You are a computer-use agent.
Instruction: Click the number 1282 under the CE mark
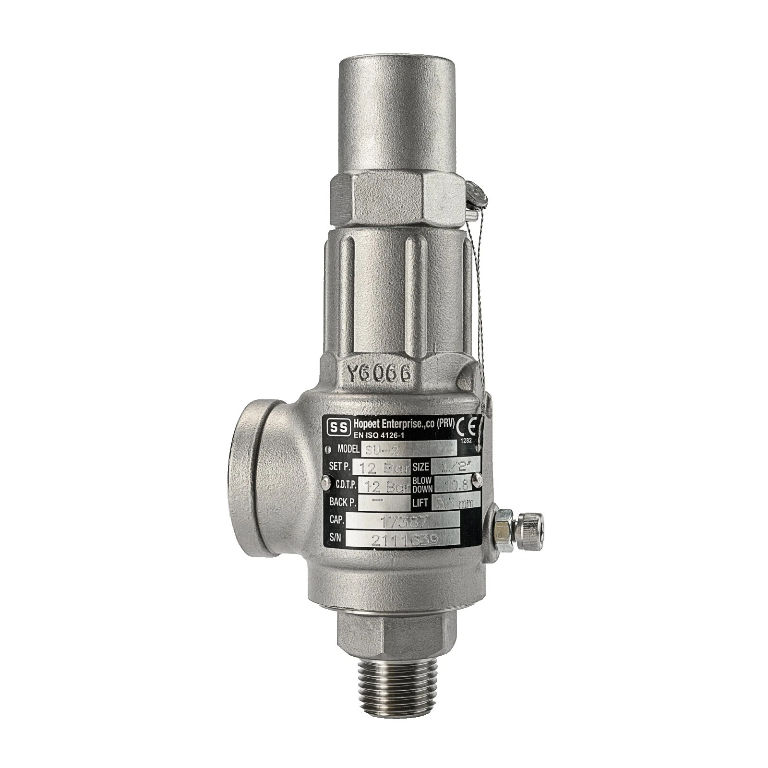coord(467,439)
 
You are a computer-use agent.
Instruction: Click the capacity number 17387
coord(402,520)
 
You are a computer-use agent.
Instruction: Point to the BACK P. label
coord(342,502)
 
